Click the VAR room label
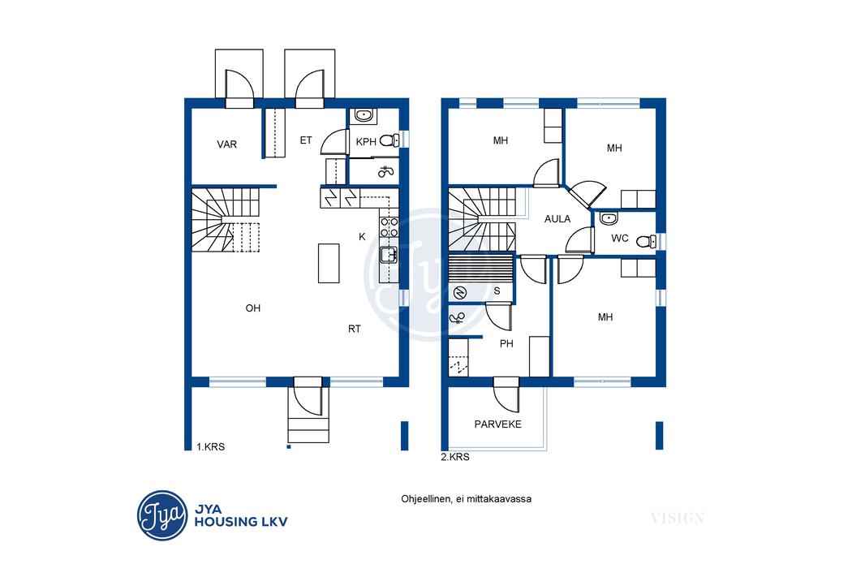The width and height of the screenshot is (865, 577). [x=226, y=144]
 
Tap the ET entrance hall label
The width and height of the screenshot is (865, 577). [x=306, y=140]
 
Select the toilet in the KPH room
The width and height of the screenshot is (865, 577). [x=389, y=140]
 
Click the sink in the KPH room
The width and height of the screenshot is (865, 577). [x=364, y=115]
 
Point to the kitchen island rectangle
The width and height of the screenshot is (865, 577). [x=329, y=263]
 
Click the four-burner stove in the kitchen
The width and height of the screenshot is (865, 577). [x=389, y=226]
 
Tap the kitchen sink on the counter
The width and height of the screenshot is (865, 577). [x=389, y=255]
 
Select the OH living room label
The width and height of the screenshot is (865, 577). [x=252, y=308]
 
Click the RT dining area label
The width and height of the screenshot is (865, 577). [x=354, y=329]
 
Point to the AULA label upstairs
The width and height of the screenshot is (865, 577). [x=557, y=219]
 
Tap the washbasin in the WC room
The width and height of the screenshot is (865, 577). [x=609, y=218]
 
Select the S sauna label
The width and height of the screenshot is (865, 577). [x=497, y=291]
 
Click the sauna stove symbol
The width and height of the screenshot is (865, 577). [x=460, y=293]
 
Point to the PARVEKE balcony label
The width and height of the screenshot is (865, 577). [x=498, y=424]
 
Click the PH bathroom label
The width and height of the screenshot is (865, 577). [x=506, y=343]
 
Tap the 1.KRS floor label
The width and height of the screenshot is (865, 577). [x=211, y=447]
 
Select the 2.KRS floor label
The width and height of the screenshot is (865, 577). [x=455, y=457]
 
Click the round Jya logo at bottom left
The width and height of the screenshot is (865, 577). [x=162, y=515]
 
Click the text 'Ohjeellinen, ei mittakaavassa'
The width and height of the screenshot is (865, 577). [x=466, y=499]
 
